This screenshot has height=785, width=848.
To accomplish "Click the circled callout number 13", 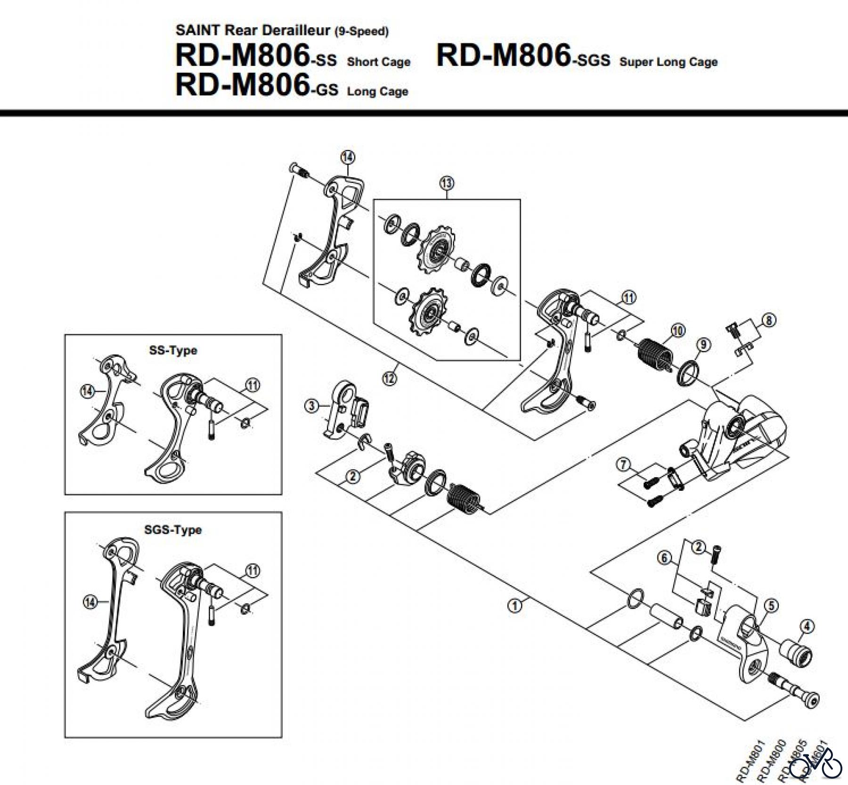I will click(447, 182).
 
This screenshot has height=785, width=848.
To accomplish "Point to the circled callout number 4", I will click(807, 626).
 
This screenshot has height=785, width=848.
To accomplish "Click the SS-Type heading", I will click(173, 351).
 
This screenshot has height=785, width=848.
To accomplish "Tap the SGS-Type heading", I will click(173, 530).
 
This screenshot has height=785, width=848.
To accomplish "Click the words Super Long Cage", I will click(668, 62).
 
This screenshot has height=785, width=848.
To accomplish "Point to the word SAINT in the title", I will click(197, 30).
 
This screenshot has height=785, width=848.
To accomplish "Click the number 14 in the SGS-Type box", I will click(90, 602).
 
